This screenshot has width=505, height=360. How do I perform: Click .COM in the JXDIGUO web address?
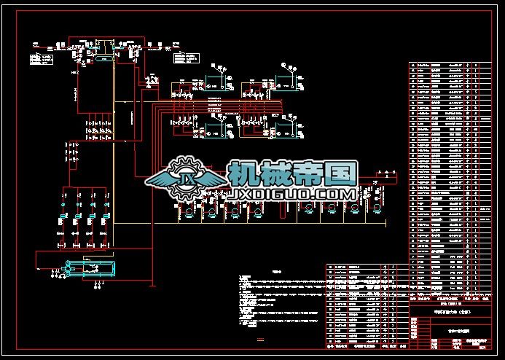tap(333, 195)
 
